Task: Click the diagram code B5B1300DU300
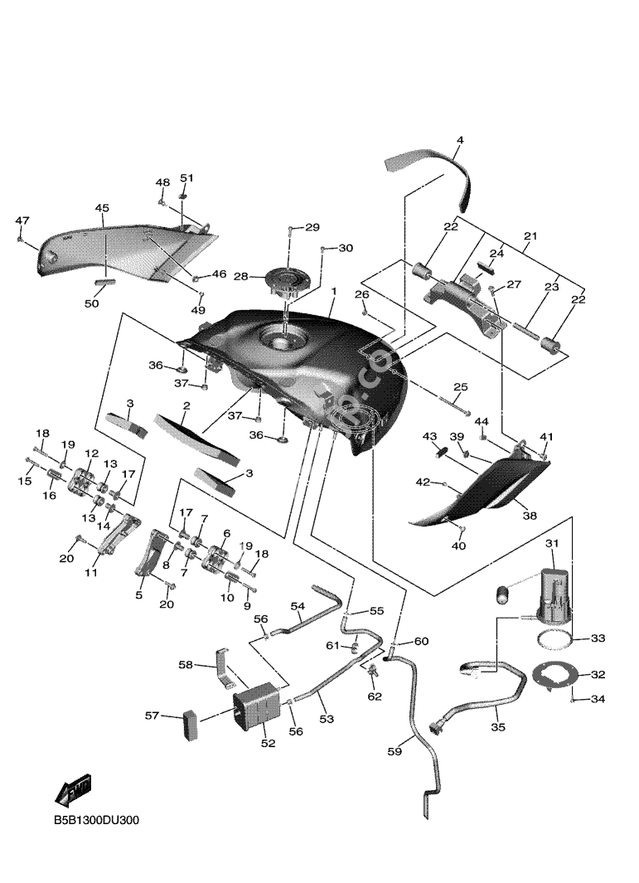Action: click(x=96, y=821)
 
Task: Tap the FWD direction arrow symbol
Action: click(x=73, y=790)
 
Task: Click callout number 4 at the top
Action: click(x=460, y=141)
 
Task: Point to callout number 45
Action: click(x=101, y=208)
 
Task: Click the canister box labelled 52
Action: click(x=257, y=708)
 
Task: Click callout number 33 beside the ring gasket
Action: click(x=598, y=638)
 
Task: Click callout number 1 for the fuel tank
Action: click(x=333, y=293)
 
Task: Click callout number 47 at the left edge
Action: click(x=22, y=221)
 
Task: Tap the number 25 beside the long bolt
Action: click(x=460, y=387)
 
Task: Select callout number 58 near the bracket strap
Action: click(x=186, y=664)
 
